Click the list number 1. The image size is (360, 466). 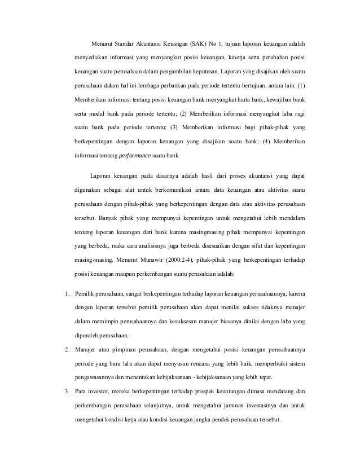pos(65,293)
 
